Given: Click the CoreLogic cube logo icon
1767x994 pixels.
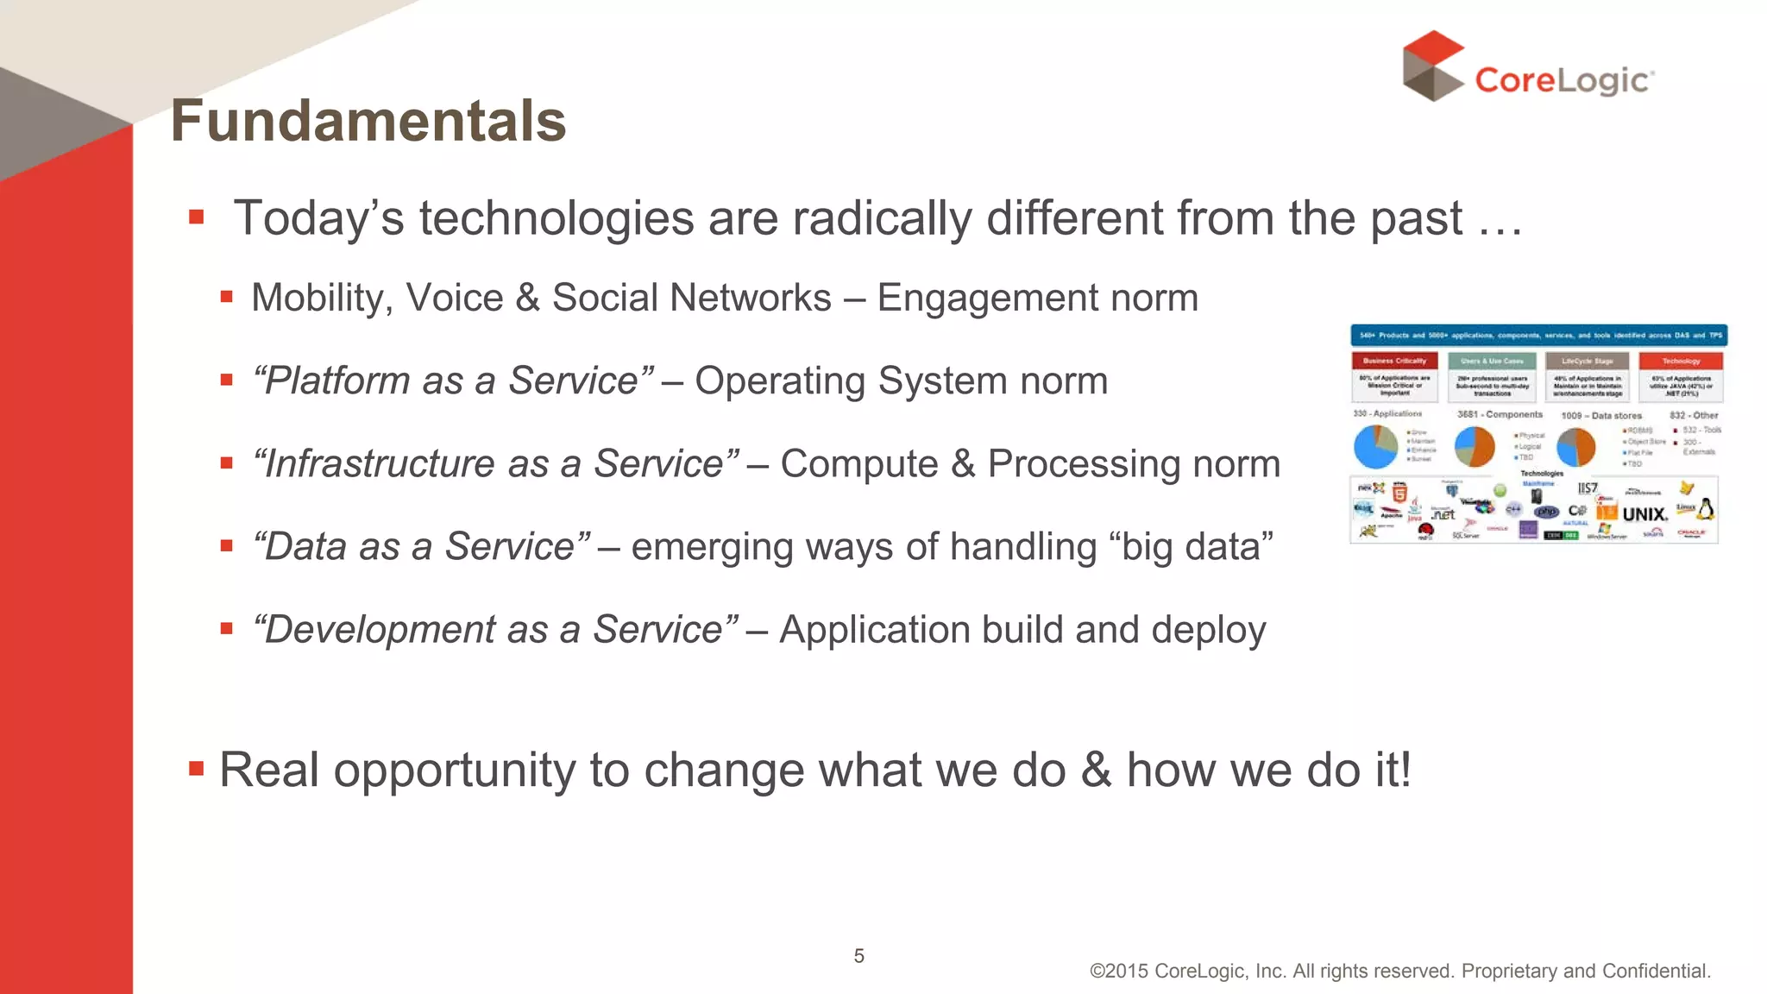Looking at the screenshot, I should click(1433, 66).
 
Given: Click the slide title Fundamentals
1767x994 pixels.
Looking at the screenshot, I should click(368, 121).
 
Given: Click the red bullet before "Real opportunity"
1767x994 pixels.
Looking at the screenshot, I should click(197, 768).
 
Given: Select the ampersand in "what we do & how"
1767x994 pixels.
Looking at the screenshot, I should click(1096, 770).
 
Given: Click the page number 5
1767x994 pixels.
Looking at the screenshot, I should click(858, 956).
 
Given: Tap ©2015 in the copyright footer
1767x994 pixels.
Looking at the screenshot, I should click(1119, 972).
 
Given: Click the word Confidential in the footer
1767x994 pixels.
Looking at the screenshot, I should click(1656, 972).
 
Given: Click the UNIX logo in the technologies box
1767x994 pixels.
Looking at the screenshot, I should click(1644, 514).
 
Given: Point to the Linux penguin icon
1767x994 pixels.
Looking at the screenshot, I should click(1706, 509).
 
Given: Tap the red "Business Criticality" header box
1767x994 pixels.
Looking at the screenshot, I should click(1394, 361).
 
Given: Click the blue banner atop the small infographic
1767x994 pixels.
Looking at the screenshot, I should click(1538, 335).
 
